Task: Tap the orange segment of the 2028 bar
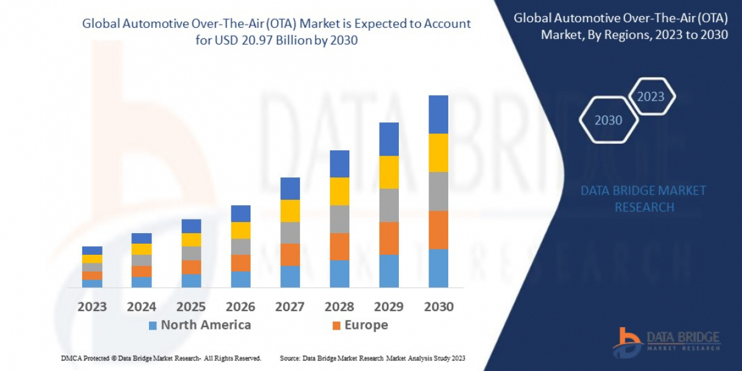tap(339, 246)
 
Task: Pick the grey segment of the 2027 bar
tap(290, 232)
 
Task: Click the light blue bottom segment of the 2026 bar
tap(241, 279)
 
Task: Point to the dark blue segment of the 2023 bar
tap(92, 250)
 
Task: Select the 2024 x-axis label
tap(142, 307)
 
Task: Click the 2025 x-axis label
tap(191, 307)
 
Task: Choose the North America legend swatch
tap(153, 325)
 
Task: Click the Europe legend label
tap(366, 325)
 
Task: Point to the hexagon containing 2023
tap(650, 96)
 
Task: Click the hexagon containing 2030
tap(608, 120)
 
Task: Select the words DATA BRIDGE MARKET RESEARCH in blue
tap(643, 198)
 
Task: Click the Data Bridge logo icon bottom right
tap(627, 342)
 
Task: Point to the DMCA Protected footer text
tap(161, 359)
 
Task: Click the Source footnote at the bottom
tap(372, 359)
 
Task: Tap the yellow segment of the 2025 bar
tap(191, 240)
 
